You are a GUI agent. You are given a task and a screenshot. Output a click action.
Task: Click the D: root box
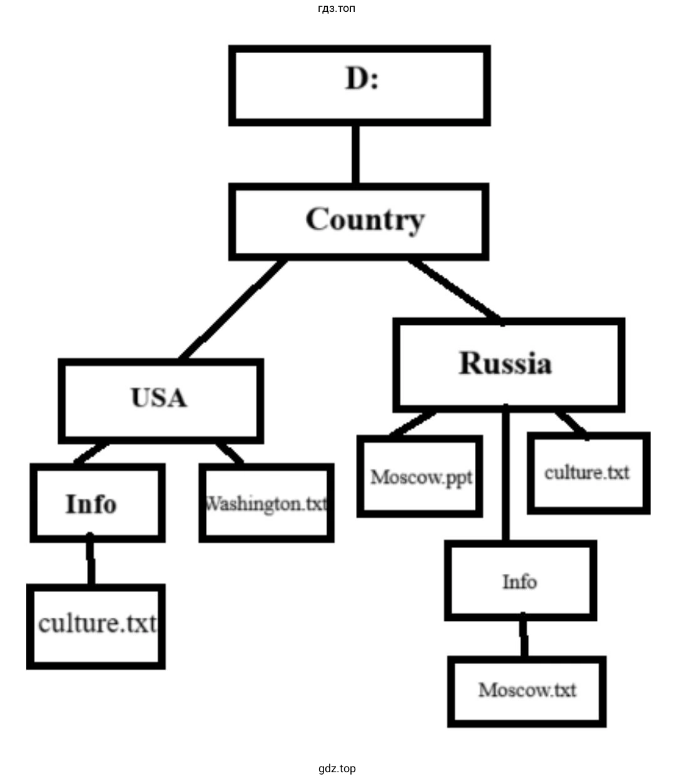coord(359,85)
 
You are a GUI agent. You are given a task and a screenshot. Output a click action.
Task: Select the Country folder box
coord(359,222)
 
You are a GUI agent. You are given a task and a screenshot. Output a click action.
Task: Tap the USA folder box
coord(160,401)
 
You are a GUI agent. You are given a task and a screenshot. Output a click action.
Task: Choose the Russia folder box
coord(508,365)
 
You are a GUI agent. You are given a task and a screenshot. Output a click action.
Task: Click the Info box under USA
coord(97,503)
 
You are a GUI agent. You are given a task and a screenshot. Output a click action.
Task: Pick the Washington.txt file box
coord(266,503)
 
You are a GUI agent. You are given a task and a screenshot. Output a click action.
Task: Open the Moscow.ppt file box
coord(420,476)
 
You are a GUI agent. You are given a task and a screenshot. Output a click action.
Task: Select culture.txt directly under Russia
coord(588,472)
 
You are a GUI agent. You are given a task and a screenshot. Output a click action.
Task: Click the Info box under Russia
coord(520,581)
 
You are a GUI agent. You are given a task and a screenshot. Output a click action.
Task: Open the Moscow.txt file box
coord(527,691)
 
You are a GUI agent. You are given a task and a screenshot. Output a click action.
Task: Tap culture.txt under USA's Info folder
coord(96,626)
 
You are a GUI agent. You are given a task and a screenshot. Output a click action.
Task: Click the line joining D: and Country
coord(355,154)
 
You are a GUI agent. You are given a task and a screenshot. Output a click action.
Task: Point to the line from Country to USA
coord(233,309)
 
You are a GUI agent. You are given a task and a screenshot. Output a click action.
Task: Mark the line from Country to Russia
coord(455,289)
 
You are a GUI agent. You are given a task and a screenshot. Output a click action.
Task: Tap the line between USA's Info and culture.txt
coord(91,561)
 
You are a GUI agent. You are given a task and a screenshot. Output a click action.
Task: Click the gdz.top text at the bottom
coord(337,768)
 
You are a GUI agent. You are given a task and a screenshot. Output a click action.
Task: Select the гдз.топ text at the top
coord(337,9)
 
